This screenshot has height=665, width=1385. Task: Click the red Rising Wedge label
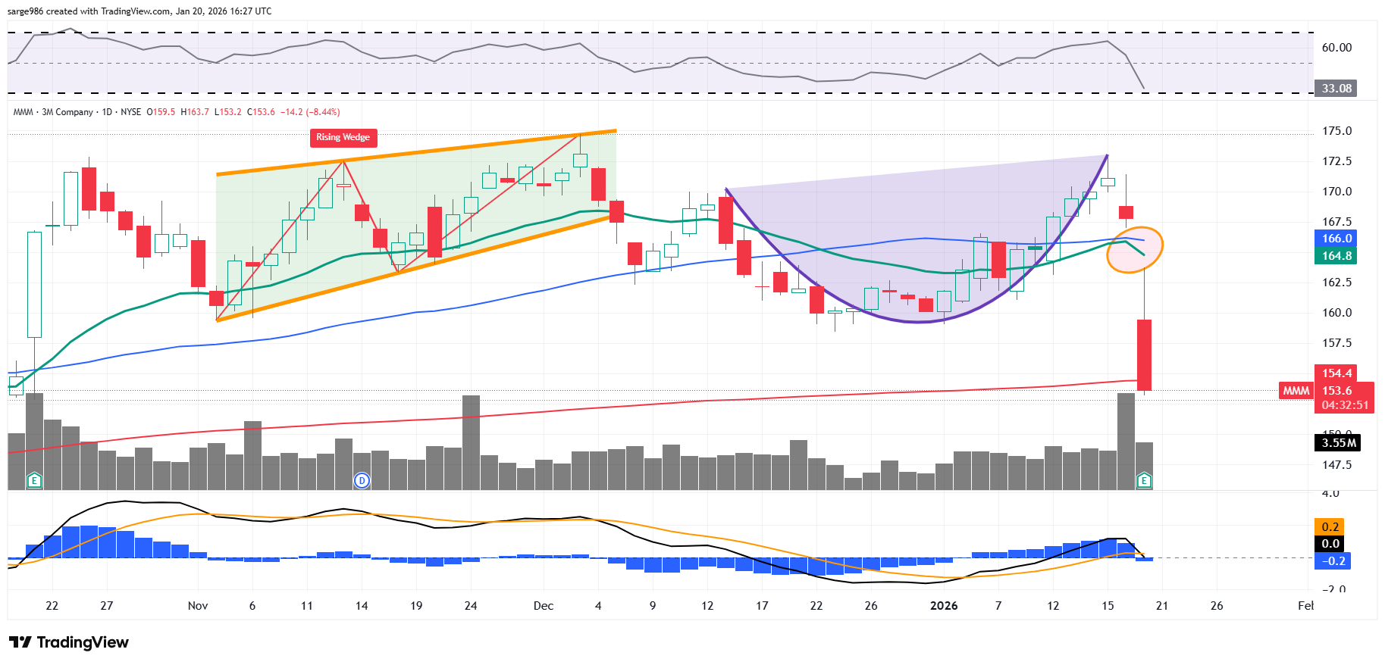pyautogui.click(x=343, y=137)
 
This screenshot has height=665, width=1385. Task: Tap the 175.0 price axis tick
pyautogui.click(x=1336, y=131)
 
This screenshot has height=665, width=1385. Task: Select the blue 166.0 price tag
pyautogui.click(x=1336, y=239)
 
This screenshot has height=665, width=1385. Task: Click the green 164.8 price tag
pyautogui.click(x=1336, y=256)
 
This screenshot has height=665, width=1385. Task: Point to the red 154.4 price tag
pyautogui.click(x=1336, y=373)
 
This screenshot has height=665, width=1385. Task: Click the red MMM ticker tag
pyautogui.click(x=1296, y=391)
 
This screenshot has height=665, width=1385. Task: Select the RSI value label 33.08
pyautogui.click(x=1336, y=89)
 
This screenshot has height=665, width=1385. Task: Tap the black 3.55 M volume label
pyautogui.click(x=1338, y=443)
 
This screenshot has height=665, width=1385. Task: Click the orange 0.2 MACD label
pyautogui.click(x=1330, y=526)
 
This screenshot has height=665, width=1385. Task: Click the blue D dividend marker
pyautogui.click(x=362, y=480)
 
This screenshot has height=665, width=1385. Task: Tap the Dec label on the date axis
pyautogui.click(x=543, y=606)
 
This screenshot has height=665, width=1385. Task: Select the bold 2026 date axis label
pyautogui.click(x=943, y=606)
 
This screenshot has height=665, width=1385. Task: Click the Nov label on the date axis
pyautogui.click(x=198, y=606)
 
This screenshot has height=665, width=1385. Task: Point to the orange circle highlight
pyautogui.click(x=1134, y=248)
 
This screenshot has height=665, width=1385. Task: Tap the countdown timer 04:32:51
pyautogui.click(x=1345, y=405)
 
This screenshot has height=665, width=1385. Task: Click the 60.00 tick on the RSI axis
pyautogui.click(x=1336, y=48)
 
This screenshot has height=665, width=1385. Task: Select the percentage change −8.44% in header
pyautogui.click(x=321, y=112)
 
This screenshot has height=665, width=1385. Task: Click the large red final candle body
pyautogui.click(x=1144, y=354)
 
